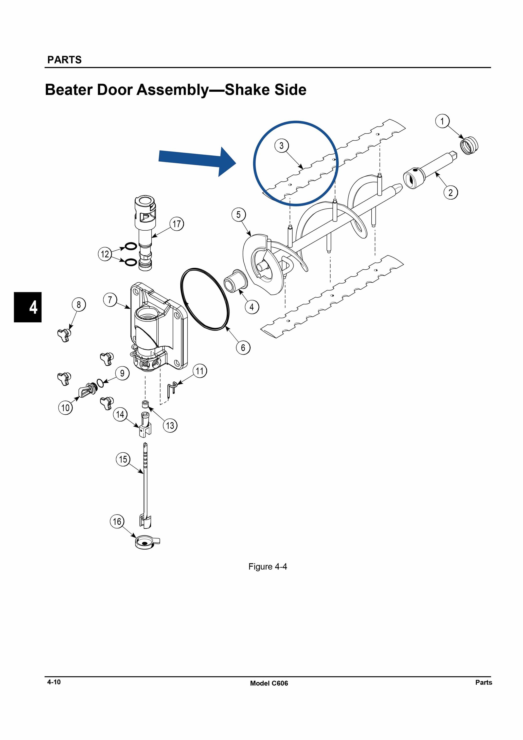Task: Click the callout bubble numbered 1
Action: coord(442,121)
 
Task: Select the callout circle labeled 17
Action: coord(177,224)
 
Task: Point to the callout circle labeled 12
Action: coord(105,254)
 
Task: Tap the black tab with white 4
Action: coord(28,307)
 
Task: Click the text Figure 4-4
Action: coord(268,567)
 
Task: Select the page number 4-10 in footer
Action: coord(54,682)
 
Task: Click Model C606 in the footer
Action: coord(269,683)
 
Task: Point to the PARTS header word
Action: coord(64,60)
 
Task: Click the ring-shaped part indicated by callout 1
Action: coord(469,145)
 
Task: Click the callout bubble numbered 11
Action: coord(200,371)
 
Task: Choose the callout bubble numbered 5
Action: coord(238,214)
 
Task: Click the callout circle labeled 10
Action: coord(65,408)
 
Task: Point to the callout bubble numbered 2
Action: coord(451,192)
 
